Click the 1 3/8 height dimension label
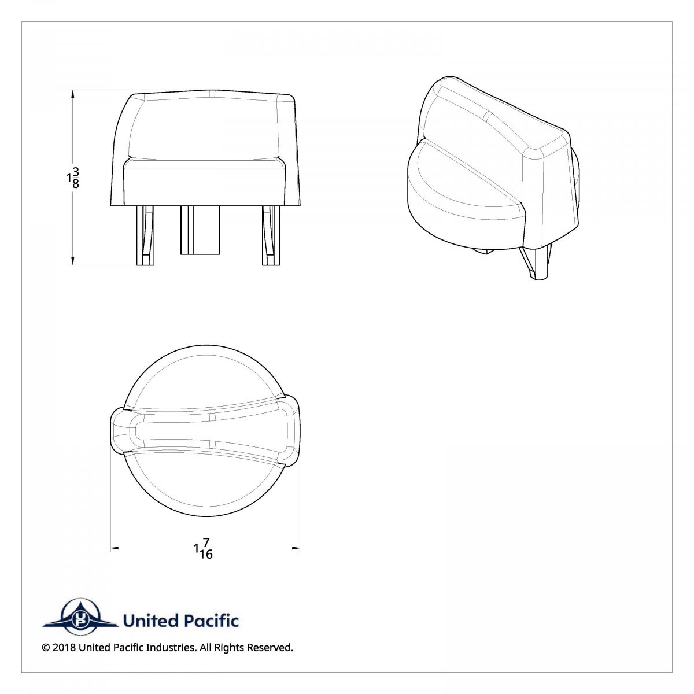pos(73,178)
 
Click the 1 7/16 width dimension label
pos(204,548)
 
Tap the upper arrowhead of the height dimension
pos(73,94)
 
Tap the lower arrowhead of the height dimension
pos(73,261)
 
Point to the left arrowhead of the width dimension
pos(115,548)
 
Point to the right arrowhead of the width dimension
pos(296,548)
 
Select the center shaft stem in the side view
pos(200,230)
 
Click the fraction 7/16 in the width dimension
pos(206,548)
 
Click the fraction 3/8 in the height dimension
pos(76,178)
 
